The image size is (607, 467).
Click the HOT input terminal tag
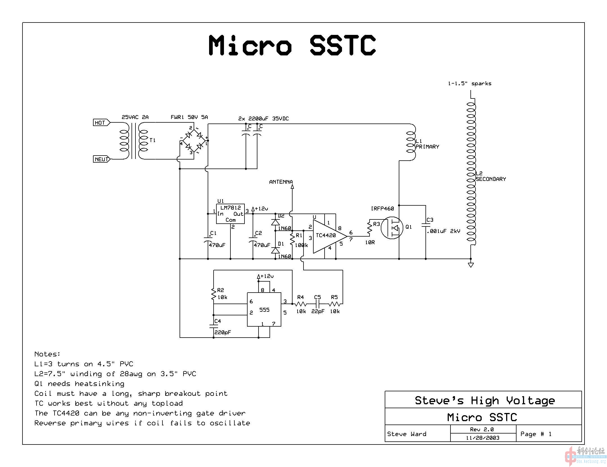[101, 123]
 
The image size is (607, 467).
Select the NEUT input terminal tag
[101, 159]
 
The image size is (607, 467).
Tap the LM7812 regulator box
[230, 214]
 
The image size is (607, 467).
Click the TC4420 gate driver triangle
[328, 236]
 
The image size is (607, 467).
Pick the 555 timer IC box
[264, 309]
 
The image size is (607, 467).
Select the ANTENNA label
[281, 182]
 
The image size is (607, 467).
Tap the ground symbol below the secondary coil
[471, 265]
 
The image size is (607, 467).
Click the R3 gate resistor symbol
[369, 228]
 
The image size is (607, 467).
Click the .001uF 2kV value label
[443, 231]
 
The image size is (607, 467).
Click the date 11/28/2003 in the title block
[483, 438]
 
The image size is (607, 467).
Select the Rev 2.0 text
[482, 429]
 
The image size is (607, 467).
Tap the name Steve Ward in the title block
[406, 434]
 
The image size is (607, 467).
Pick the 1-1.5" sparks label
[470, 84]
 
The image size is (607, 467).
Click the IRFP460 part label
[382, 208]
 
